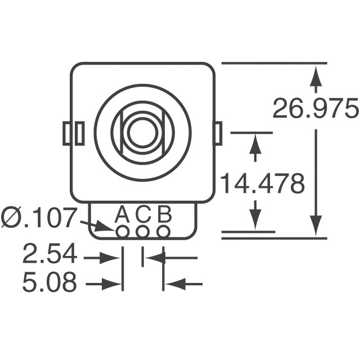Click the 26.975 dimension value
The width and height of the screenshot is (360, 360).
click(x=315, y=109)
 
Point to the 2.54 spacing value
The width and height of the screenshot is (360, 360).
click(x=49, y=255)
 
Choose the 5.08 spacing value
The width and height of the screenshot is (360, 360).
click(x=49, y=283)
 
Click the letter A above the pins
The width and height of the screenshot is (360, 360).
click(x=122, y=214)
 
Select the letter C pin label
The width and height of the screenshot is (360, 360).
click(x=143, y=214)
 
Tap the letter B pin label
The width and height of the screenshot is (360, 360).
click(x=164, y=214)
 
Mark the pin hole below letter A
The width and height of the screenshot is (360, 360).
click(x=123, y=231)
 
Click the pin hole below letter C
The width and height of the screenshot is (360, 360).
click(x=143, y=231)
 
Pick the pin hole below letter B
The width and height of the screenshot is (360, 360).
click(x=163, y=231)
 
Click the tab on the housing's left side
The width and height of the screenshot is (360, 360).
click(x=74, y=133)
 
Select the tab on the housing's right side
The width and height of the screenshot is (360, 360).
click(x=217, y=133)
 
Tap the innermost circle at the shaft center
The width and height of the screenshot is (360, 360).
click(x=142, y=133)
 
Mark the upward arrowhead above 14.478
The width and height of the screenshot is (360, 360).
click(x=256, y=145)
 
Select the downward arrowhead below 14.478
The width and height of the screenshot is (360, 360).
click(x=256, y=219)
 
